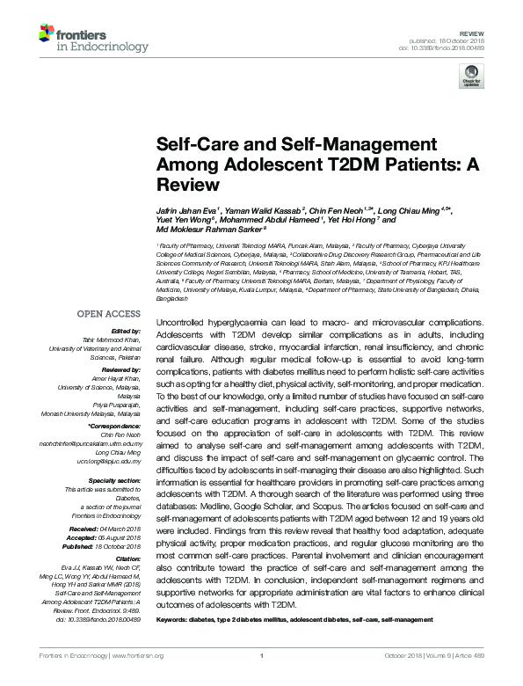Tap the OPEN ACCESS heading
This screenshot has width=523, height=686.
coord(109,313)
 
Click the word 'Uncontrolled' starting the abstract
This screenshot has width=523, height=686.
coord(182,313)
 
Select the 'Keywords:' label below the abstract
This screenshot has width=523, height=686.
coord(173,620)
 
